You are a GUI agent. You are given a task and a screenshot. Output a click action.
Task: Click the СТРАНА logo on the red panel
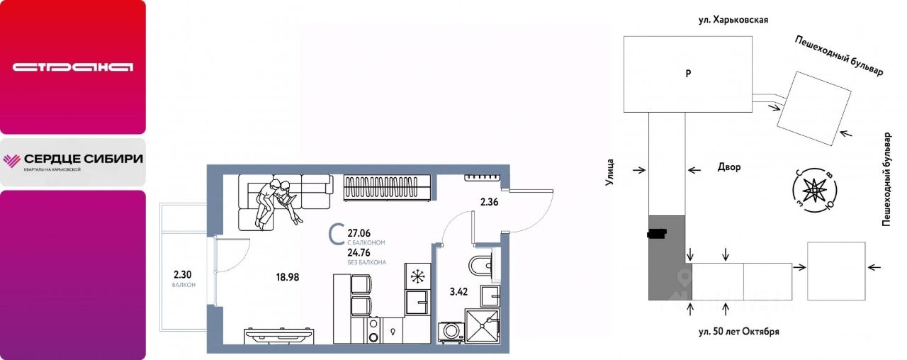(73, 67)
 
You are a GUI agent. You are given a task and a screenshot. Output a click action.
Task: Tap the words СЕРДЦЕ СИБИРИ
(84, 159)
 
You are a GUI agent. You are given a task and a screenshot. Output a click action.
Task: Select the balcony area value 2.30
(182, 274)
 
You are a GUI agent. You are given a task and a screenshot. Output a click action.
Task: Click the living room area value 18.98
(288, 277)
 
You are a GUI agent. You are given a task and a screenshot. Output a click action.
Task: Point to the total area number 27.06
(359, 233)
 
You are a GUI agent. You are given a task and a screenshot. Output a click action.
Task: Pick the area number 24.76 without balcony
(359, 253)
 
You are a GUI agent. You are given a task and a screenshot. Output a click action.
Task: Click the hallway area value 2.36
(489, 202)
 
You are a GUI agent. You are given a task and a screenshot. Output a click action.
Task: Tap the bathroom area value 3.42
(458, 291)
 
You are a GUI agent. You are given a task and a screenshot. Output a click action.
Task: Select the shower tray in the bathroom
(483, 326)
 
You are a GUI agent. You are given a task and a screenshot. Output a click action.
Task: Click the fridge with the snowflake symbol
(417, 276)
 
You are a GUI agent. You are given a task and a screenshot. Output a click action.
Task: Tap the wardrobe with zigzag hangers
(387, 188)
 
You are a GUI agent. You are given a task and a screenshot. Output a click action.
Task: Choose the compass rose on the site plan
(815, 191)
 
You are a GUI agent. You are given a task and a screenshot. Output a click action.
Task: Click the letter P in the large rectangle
(688, 74)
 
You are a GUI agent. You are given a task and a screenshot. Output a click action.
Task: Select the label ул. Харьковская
(733, 20)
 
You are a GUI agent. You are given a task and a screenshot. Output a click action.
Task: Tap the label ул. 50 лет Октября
(738, 332)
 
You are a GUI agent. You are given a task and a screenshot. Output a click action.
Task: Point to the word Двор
(729, 167)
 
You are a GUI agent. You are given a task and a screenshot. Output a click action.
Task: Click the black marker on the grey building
(657, 234)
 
